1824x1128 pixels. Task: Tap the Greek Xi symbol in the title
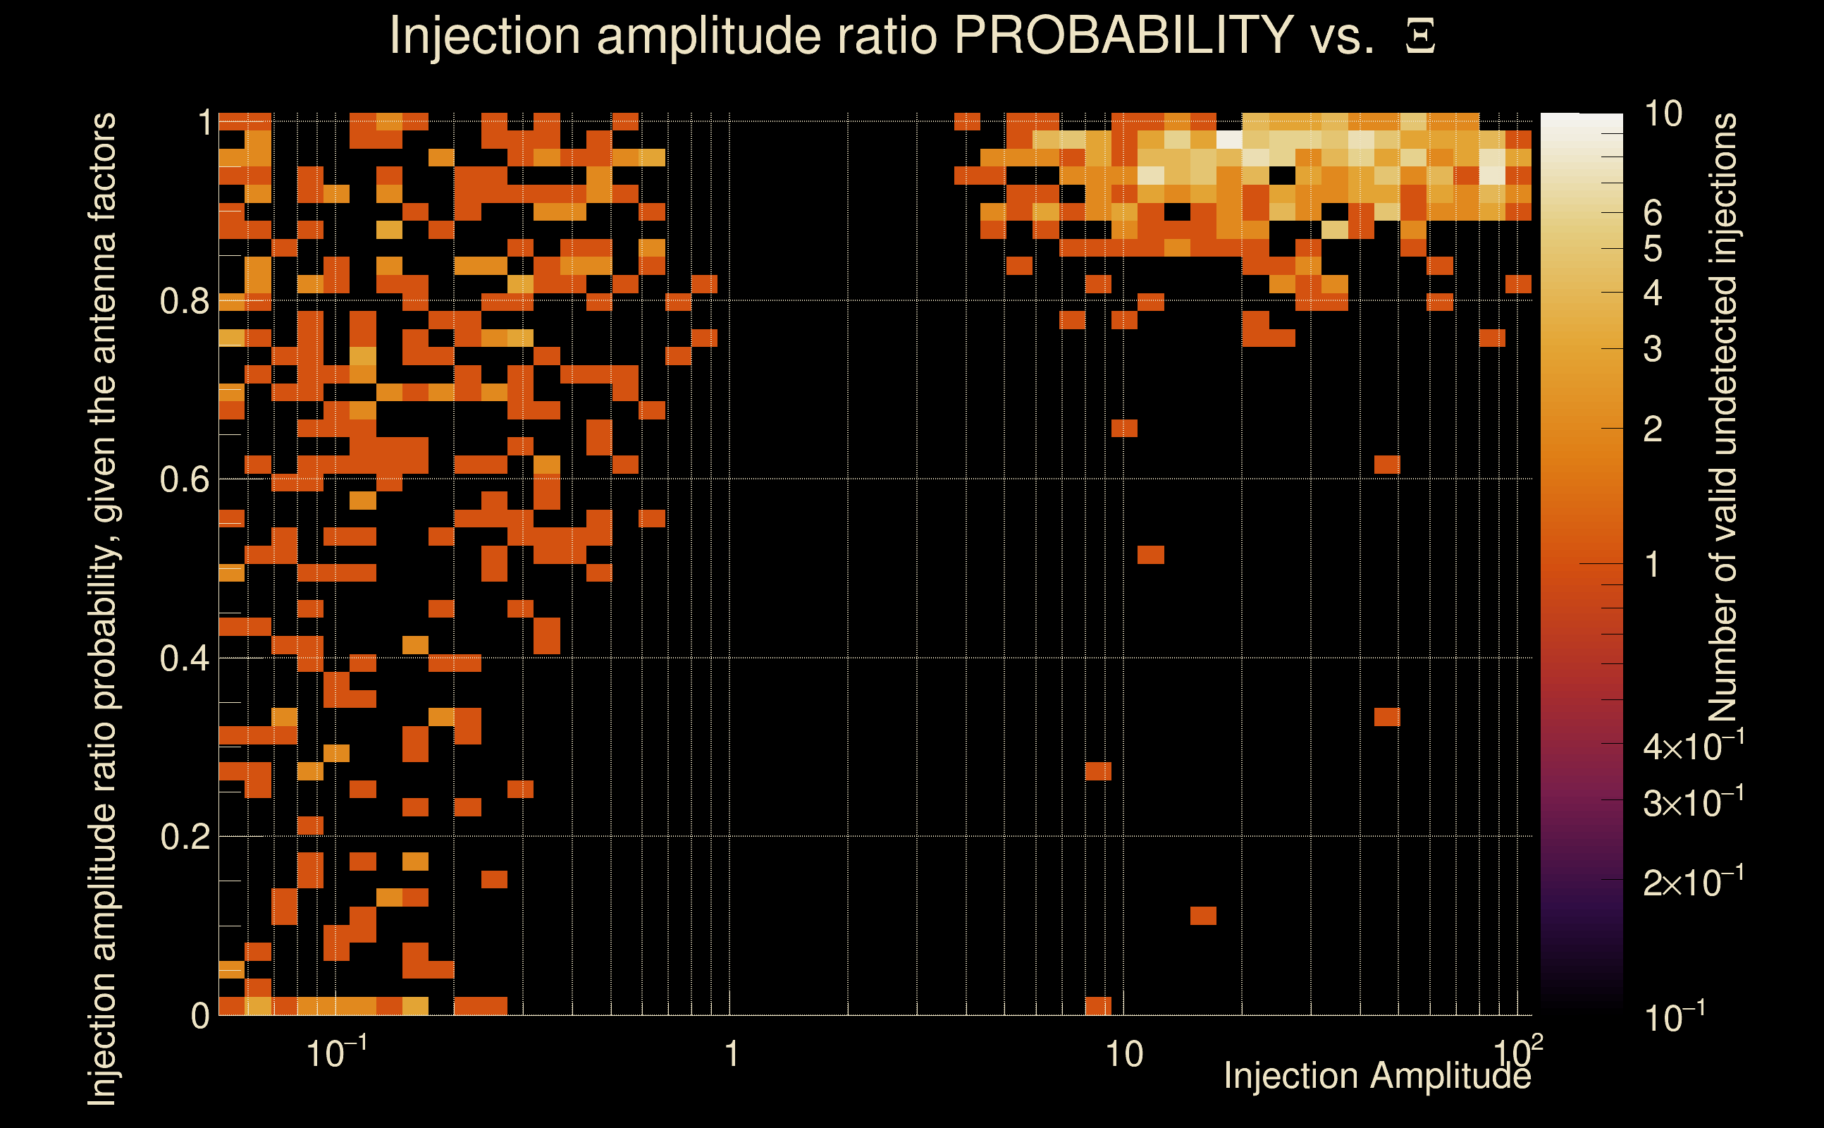[x=1420, y=37]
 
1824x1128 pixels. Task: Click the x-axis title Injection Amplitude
[x=1376, y=1076]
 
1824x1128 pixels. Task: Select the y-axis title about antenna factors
[x=103, y=608]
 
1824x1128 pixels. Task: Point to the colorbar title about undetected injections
[x=1723, y=418]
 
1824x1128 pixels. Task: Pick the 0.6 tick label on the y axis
[x=184, y=479]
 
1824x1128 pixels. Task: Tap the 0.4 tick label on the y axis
[x=184, y=658]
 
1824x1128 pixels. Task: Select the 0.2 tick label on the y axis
[x=184, y=837]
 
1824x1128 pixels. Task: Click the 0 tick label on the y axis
[x=200, y=1016]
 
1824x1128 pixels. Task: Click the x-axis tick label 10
[x=1123, y=1055]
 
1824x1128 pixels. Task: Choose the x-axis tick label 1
[x=731, y=1055]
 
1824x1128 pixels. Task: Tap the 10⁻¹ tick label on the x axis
[x=336, y=1053]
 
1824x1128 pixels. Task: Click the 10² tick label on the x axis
[x=1518, y=1052]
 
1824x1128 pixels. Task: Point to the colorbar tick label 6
[x=1653, y=214]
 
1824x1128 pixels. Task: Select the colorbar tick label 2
[x=1653, y=430]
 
